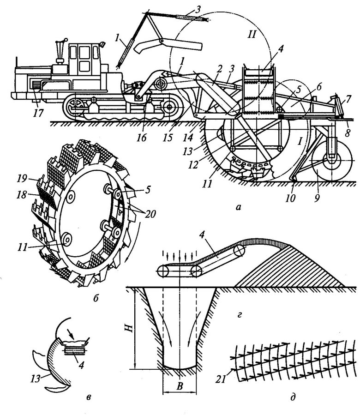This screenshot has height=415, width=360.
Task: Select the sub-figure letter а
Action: [238, 207]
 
